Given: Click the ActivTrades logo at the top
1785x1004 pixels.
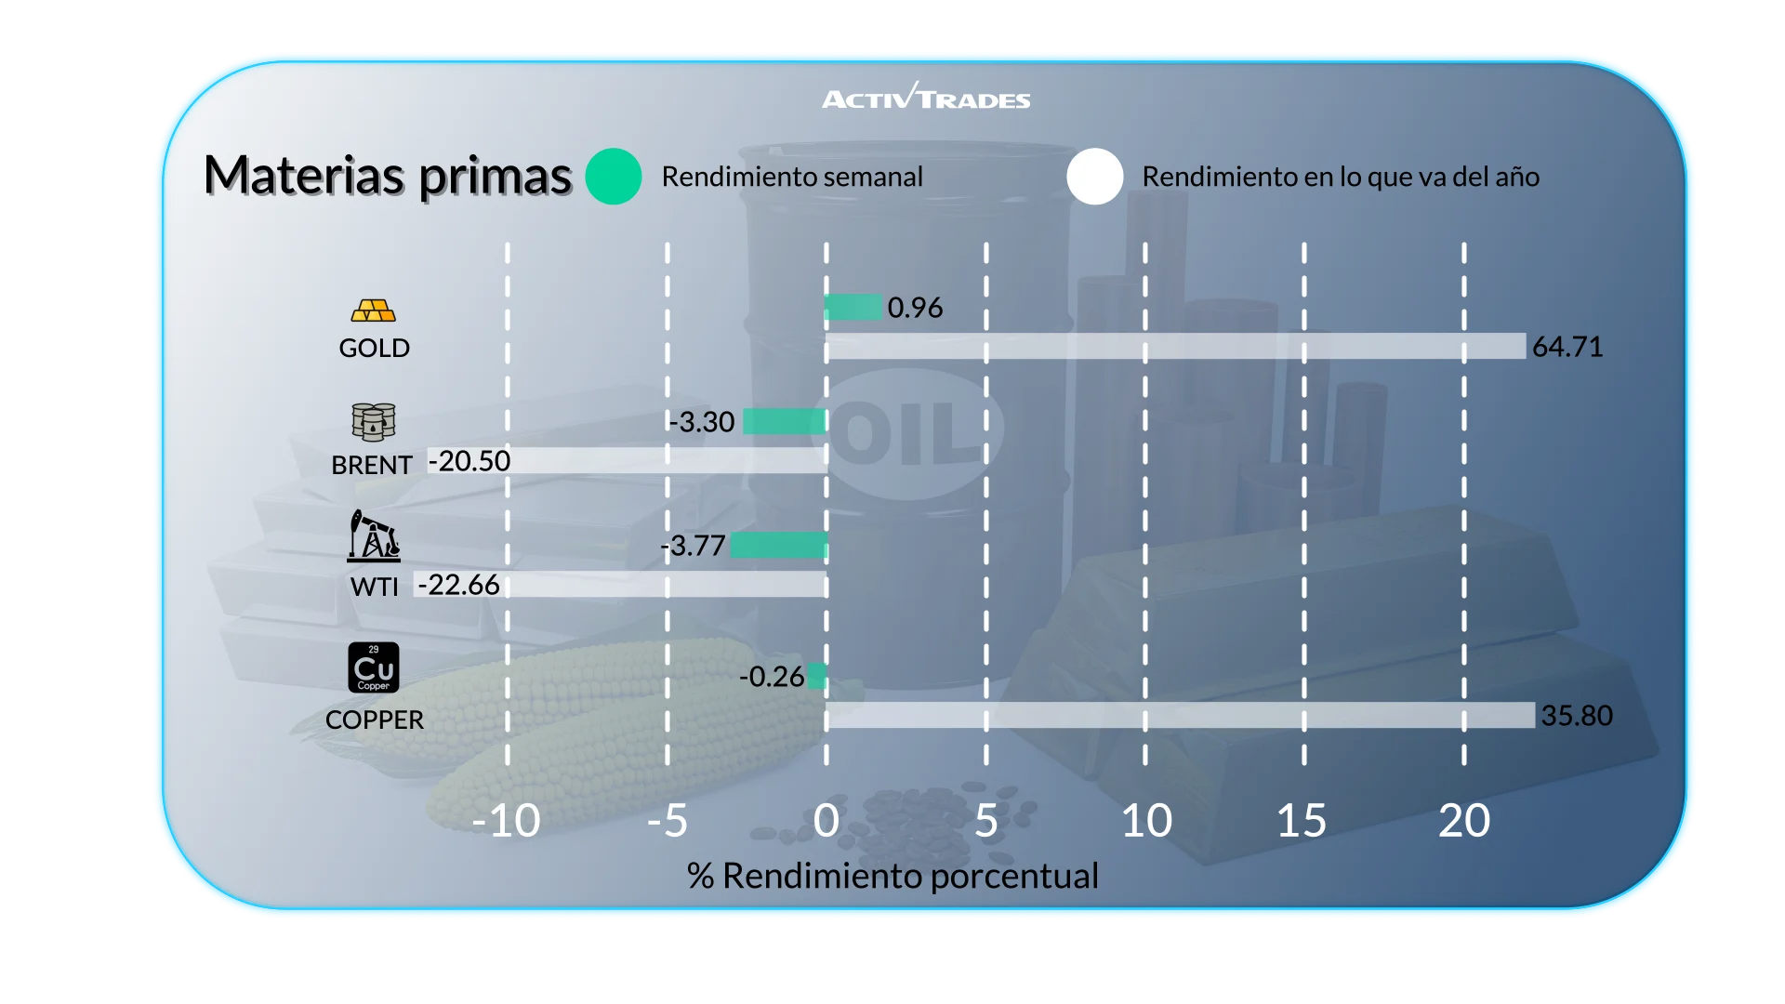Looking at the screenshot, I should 926,97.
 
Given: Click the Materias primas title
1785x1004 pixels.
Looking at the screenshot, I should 387,176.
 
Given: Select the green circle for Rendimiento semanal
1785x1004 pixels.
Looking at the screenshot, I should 614,177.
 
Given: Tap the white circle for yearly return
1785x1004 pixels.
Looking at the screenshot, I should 1095,177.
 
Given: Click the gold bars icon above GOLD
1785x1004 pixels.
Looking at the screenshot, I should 374,310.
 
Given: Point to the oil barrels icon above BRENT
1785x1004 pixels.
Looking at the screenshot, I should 374,422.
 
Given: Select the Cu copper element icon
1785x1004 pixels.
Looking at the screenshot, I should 374,667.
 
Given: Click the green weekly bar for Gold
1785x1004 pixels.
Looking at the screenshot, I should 853,307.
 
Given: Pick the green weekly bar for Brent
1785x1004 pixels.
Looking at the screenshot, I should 785,421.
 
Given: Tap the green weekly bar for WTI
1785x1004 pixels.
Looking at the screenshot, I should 779,545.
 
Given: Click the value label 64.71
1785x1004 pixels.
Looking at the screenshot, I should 1567,347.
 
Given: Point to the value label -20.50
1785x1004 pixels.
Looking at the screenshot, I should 469,461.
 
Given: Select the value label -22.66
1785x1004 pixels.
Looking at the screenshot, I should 459,585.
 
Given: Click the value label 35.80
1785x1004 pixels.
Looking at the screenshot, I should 1577,716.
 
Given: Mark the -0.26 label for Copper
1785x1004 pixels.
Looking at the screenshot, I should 772,677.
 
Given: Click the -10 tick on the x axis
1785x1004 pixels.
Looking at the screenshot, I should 506,821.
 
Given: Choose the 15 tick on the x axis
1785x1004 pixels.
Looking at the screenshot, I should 1302,821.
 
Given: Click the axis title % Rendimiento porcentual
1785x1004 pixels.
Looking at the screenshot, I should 892,876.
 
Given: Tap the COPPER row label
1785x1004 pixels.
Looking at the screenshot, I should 375,720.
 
